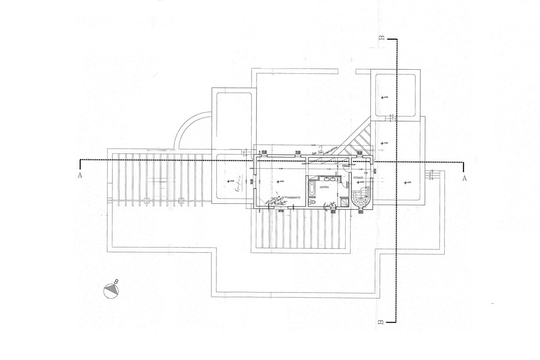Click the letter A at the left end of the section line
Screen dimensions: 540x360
point(80,176)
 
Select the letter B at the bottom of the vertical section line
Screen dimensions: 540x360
point(380,322)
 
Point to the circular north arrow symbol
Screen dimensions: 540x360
point(111,291)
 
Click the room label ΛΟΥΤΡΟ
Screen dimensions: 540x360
point(325,185)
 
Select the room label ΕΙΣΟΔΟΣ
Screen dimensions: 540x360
point(358,178)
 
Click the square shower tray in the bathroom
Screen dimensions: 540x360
point(345,201)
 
